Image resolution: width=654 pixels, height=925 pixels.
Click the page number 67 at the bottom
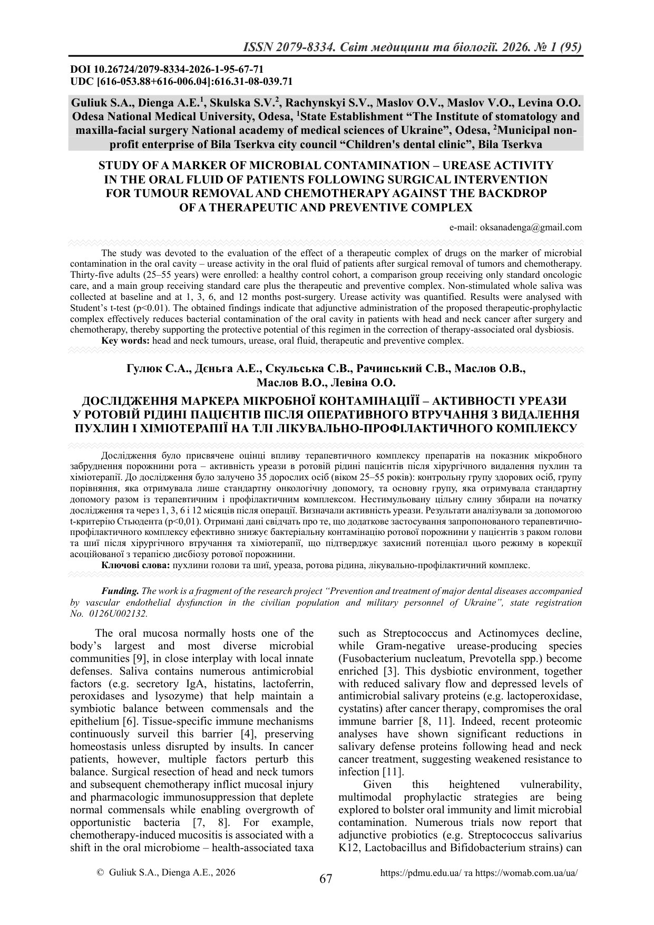tap(326, 879)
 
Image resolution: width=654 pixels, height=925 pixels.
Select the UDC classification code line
tap(181, 81)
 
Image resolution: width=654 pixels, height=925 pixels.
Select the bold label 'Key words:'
tap(126, 340)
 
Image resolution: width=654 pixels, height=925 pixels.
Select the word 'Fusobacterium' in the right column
tap(370, 659)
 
